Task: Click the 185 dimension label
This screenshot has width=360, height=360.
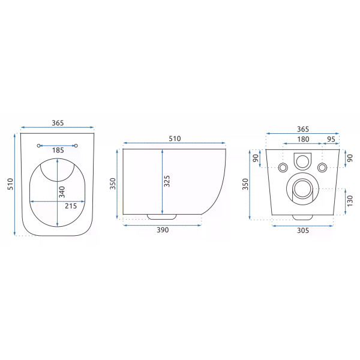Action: [58, 150]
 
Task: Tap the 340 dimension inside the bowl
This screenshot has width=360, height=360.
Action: [62, 192]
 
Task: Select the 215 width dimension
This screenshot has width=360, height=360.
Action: [71, 206]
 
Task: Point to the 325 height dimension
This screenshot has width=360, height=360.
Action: [167, 181]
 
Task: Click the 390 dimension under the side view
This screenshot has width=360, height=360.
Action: [163, 230]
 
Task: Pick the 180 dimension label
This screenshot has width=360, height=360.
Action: [303, 139]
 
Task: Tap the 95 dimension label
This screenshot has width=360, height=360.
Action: [331, 139]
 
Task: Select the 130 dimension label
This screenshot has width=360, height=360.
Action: [350, 201]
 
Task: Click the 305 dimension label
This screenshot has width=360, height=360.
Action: [303, 230]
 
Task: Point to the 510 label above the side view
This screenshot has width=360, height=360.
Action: [175, 139]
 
